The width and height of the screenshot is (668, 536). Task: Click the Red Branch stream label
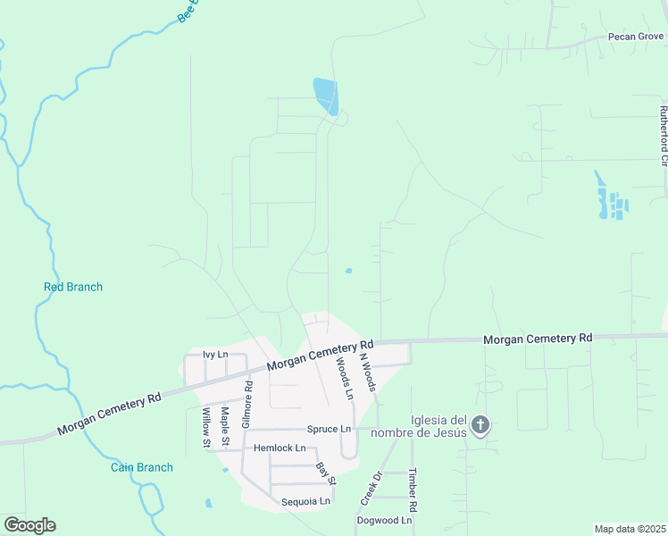click(x=73, y=287)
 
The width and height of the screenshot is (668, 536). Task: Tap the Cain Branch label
click(x=142, y=467)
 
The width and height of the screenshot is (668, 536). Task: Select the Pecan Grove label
click(x=636, y=37)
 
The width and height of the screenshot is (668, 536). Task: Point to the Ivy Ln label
click(x=216, y=355)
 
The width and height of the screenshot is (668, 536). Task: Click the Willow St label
click(x=205, y=427)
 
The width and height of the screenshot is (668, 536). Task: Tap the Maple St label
click(x=226, y=427)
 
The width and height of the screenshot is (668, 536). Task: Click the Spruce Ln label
click(x=329, y=429)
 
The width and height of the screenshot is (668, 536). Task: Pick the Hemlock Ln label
click(x=280, y=448)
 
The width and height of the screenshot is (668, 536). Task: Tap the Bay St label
click(x=325, y=473)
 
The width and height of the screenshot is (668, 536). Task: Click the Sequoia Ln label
click(x=305, y=501)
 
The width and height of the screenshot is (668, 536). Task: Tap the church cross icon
click(x=480, y=425)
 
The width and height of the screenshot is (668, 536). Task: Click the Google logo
click(x=29, y=525)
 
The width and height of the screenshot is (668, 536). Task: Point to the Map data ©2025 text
click(x=630, y=529)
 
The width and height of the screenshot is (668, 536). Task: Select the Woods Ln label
click(x=345, y=378)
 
